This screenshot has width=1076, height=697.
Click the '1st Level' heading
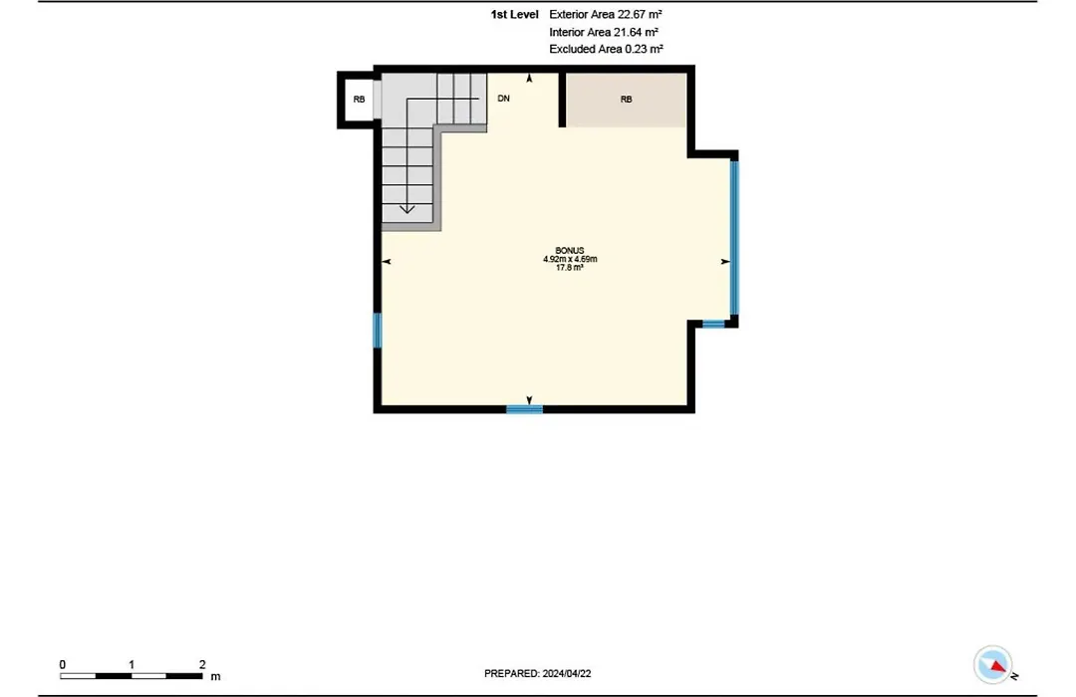click(x=515, y=14)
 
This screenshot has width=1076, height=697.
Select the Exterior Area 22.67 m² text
click(x=606, y=14)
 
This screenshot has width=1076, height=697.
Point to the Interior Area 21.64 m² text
click(x=604, y=32)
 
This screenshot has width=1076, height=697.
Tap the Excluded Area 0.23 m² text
click(x=606, y=50)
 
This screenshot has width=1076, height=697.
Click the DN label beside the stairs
click(x=504, y=99)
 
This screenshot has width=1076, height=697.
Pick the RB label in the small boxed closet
click(x=359, y=100)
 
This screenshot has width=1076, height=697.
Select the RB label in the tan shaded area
click(x=626, y=100)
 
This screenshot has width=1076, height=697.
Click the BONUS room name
click(x=570, y=250)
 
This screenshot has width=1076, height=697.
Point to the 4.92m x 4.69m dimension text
click(x=570, y=259)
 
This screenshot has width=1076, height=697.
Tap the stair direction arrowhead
click(x=406, y=208)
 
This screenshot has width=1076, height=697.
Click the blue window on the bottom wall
click(x=525, y=409)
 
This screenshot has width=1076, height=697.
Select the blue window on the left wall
click(x=377, y=331)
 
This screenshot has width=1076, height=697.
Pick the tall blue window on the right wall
click(x=734, y=238)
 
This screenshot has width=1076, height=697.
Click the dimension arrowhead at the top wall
click(x=529, y=79)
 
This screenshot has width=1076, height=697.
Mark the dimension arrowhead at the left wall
click(x=387, y=261)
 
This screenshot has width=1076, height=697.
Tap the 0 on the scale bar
click(x=63, y=665)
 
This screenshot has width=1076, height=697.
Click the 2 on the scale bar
click(x=202, y=665)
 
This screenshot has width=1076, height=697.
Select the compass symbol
click(x=993, y=664)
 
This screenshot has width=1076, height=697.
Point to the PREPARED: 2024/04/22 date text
click(x=537, y=674)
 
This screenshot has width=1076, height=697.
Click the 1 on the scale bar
click(x=132, y=665)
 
